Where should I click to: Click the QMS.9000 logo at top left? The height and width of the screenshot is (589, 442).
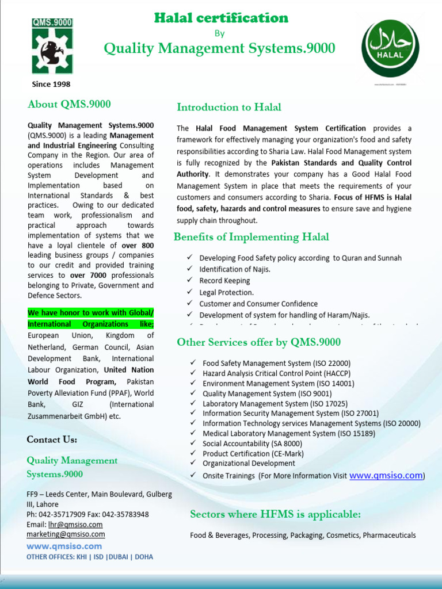click(52, 46)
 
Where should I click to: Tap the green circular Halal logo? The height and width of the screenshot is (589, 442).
click(390, 49)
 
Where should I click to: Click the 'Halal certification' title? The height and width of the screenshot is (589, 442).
click(221, 18)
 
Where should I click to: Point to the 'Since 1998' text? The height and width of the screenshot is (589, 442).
click(51, 85)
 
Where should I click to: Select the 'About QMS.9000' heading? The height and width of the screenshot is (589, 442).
click(69, 104)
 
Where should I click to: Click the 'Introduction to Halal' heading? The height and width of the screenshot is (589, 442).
click(229, 108)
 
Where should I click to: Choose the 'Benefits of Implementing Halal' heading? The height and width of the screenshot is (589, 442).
click(252, 237)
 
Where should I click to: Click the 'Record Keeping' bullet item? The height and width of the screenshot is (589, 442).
click(224, 281)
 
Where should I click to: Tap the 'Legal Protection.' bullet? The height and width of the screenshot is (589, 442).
click(226, 292)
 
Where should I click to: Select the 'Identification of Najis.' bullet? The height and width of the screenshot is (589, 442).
click(235, 269)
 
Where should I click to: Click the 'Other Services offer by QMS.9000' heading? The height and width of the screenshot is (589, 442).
click(258, 342)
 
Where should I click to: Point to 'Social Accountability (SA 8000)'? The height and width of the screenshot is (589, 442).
click(252, 443)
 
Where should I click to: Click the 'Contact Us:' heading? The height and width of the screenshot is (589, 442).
click(52, 439)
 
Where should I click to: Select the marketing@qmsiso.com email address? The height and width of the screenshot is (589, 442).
click(66, 534)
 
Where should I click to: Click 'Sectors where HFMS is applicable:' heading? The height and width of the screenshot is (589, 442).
click(275, 514)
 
